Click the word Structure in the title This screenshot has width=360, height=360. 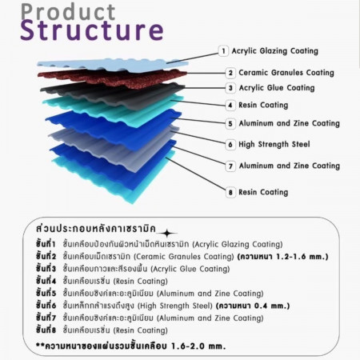coord(92,30)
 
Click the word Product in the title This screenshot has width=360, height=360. coord(68,12)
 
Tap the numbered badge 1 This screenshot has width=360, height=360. coord(223,50)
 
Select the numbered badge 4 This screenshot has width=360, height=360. coord(230,105)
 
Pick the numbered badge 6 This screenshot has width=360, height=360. coord(230,145)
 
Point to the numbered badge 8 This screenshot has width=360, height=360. coord(230,192)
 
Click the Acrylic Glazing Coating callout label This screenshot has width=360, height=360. coord(275,51)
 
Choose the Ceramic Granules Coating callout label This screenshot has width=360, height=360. coord(286,73)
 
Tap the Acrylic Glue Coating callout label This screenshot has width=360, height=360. coord(277,88)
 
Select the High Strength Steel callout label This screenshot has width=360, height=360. coord(274,145)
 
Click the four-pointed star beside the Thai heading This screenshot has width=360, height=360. coord(167,234)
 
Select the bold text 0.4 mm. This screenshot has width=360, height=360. coord(272,306)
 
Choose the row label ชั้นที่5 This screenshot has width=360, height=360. coord(46,293)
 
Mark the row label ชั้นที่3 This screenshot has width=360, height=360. coord(46,268)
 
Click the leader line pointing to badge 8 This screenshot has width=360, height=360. coord(196,174)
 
